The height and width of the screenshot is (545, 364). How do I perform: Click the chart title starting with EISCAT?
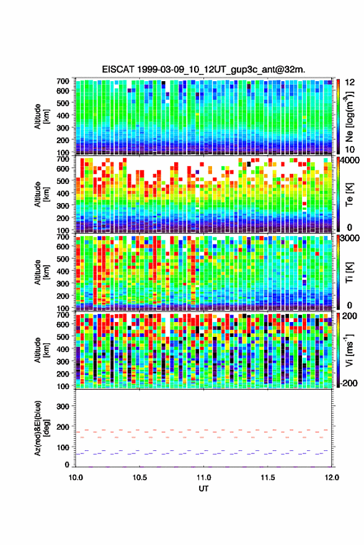click(203, 69)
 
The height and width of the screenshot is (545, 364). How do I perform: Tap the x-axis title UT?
click(203, 489)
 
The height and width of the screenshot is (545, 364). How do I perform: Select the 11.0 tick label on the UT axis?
click(203, 477)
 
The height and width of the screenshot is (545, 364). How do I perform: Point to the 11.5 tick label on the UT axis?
click(268, 477)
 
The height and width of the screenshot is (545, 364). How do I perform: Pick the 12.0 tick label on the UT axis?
click(332, 477)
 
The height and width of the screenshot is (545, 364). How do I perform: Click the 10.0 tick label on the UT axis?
click(76, 477)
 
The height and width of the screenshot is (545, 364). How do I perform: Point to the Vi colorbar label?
click(349, 351)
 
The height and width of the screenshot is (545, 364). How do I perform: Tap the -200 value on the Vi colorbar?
click(348, 383)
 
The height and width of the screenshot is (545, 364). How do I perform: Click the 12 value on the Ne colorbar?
click(350, 82)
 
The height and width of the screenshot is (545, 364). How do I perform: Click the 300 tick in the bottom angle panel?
click(63, 406)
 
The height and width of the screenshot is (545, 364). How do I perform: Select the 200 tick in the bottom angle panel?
click(63, 427)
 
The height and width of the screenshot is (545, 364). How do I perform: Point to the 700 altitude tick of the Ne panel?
click(63, 81)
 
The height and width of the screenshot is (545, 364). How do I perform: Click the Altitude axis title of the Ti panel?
click(40, 272)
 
